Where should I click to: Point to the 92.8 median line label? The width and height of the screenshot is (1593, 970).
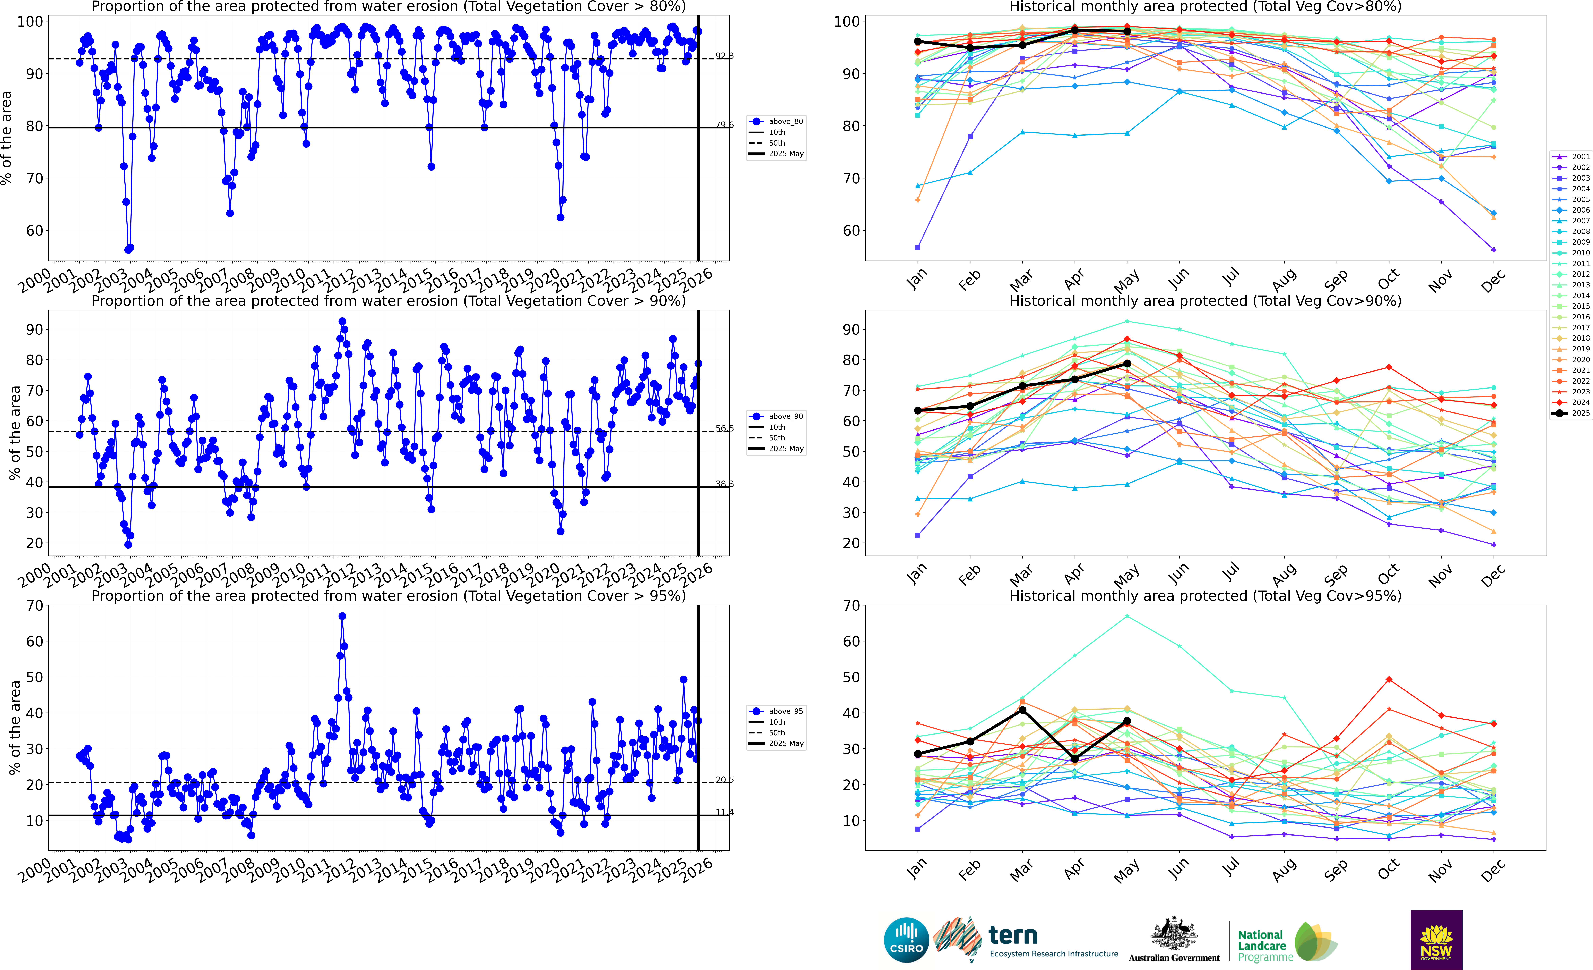[x=724, y=56]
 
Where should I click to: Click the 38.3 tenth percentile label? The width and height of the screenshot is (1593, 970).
[x=724, y=484]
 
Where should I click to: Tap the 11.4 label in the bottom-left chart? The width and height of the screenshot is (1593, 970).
[x=724, y=812]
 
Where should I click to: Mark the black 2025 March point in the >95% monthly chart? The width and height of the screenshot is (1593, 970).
[x=1022, y=710]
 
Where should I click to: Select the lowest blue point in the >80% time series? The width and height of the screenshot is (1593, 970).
[x=128, y=250]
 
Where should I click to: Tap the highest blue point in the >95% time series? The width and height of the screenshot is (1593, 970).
[x=342, y=616]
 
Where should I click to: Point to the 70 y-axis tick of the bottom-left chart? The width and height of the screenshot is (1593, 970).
[x=35, y=606]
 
